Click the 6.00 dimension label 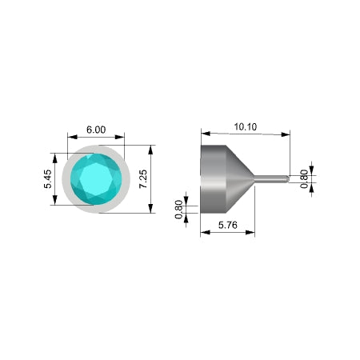[x=96, y=130]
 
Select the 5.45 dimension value [x=48, y=179]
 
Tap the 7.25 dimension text [x=143, y=179]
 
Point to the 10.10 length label [x=246, y=126]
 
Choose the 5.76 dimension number [x=228, y=225]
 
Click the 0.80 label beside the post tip [x=304, y=179]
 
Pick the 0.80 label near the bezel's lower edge [x=178, y=210]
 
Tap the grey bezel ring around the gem [x=66, y=179]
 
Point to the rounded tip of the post [x=287, y=179]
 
